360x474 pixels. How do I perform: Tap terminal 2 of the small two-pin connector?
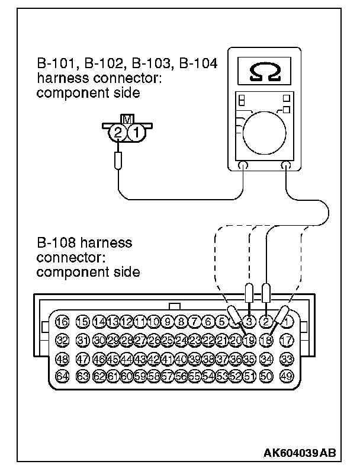coord(119,134)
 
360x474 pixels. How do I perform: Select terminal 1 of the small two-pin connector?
coord(135,134)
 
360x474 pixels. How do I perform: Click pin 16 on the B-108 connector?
coord(62,322)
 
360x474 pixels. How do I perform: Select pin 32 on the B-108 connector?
coord(62,340)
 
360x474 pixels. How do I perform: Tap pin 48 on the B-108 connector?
coord(62,358)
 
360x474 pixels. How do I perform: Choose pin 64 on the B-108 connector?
coord(62,375)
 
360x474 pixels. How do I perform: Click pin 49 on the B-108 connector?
coord(287,375)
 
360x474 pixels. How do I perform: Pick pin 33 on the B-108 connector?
coord(287,358)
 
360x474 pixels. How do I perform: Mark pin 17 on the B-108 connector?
coord(287,340)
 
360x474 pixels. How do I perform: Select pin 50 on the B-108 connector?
coord(267,375)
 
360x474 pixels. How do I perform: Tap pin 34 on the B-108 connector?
coord(267,358)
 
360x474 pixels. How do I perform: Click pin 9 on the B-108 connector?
coord(168,322)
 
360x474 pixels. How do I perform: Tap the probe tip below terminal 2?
coord(119,159)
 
